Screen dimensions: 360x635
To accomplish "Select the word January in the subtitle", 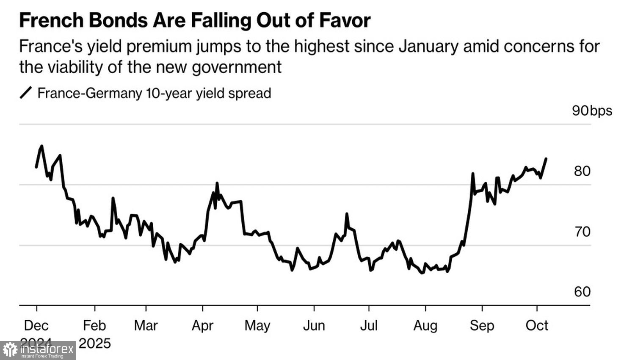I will (x=428, y=46).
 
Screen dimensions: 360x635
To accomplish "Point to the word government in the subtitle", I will (x=237, y=67).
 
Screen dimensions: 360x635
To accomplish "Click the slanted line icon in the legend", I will (x=26, y=93).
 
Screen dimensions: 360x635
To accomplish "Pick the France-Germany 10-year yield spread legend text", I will (x=154, y=93).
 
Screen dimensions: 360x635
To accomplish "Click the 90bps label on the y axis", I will (x=592, y=111).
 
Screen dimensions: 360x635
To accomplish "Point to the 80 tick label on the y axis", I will (x=582, y=171).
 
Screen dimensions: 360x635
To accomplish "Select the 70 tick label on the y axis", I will (x=582, y=232).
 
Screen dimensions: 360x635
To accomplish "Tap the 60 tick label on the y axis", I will (x=582, y=292).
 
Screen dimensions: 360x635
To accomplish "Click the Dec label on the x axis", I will (x=36, y=325).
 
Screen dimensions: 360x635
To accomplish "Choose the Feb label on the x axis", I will (x=94, y=325).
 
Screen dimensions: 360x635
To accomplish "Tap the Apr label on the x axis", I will (x=202, y=325).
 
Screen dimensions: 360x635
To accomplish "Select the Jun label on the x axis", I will (x=314, y=325).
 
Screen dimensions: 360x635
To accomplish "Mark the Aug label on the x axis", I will (x=425, y=325).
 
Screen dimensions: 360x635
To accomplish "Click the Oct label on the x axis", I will (x=537, y=325).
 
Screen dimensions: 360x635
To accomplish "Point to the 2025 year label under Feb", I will (x=94, y=343).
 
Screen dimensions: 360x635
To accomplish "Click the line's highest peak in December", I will (x=41, y=146).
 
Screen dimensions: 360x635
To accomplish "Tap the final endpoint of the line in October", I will (x=546, y=159).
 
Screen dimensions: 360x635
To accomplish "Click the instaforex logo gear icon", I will (x=10, y=350).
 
